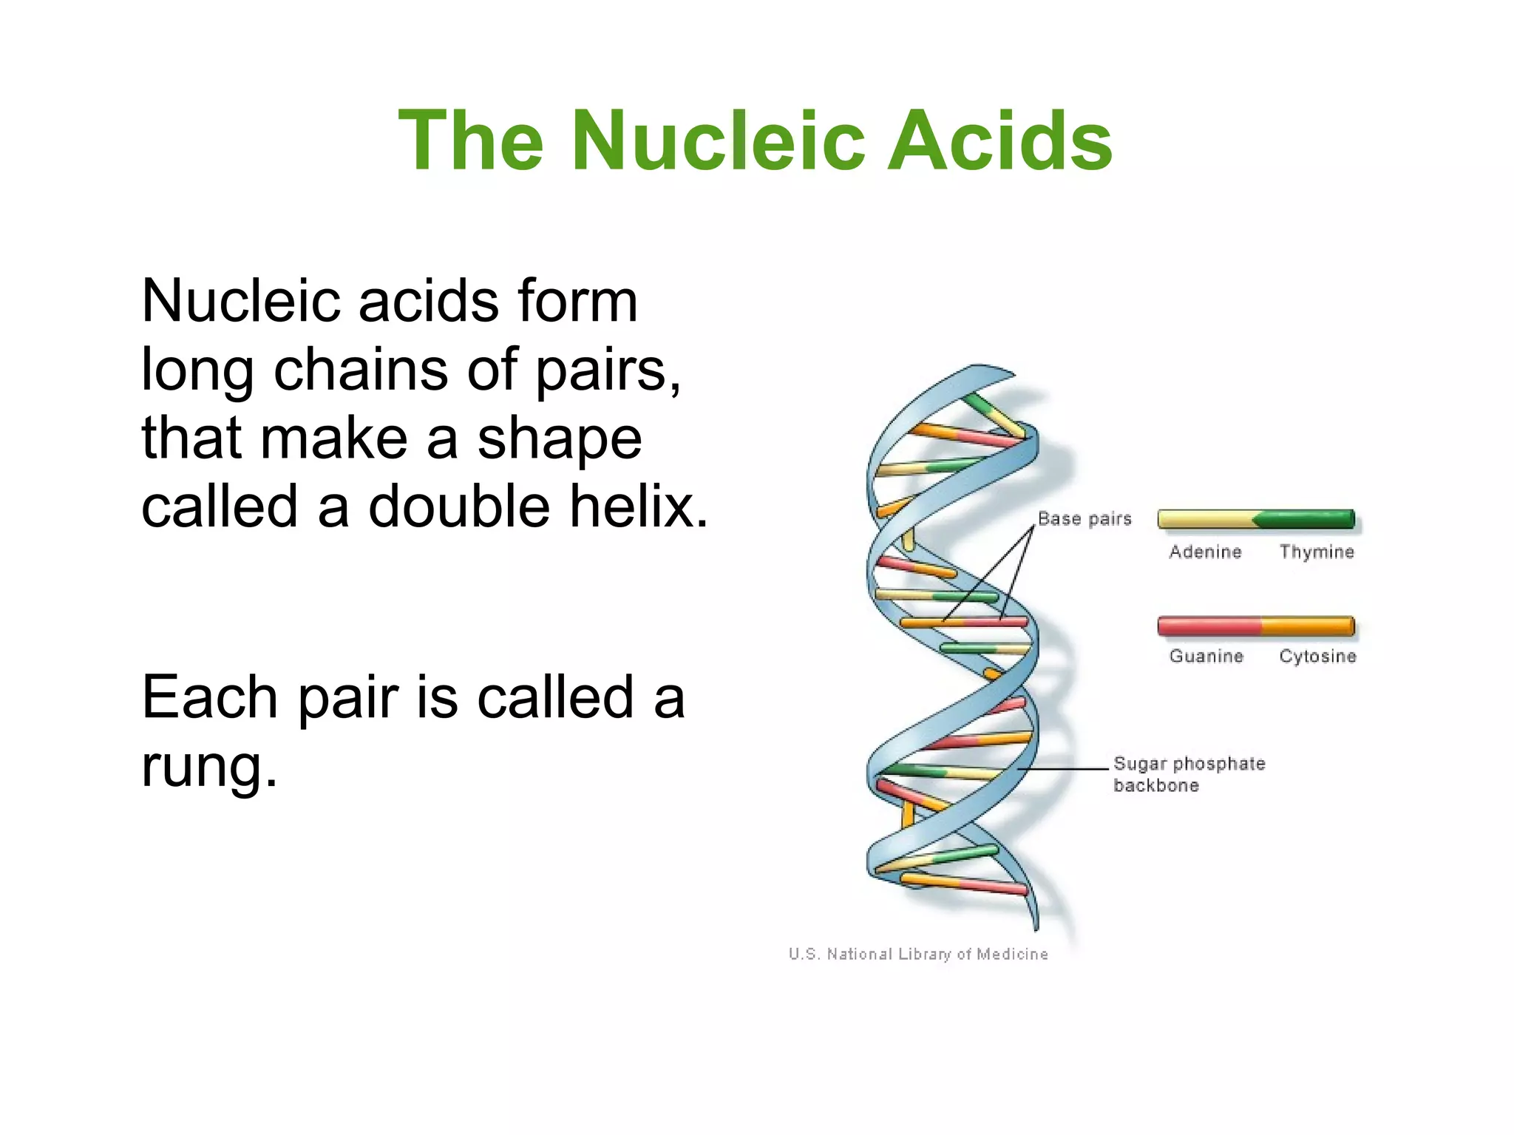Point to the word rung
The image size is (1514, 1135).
[x=209, y=767]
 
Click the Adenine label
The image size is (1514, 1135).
[x=1205, y=552]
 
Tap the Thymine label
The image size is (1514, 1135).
[x=1317, y=552]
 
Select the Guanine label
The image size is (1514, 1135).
[x=1206, y=656]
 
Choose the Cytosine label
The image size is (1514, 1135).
[x=1317, y=656]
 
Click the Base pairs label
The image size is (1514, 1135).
[x=1084, y=518]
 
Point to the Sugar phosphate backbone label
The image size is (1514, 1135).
[x=1189, y=773]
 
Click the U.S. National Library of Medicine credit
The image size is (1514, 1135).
[x=918, y=954]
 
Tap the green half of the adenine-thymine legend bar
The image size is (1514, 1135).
[x=1308, y=520]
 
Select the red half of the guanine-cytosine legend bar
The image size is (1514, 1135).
[x=1209, y=626]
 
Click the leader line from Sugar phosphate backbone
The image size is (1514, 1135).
[x=1065, y=769]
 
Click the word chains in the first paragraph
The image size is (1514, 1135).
[x=360, y=369]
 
